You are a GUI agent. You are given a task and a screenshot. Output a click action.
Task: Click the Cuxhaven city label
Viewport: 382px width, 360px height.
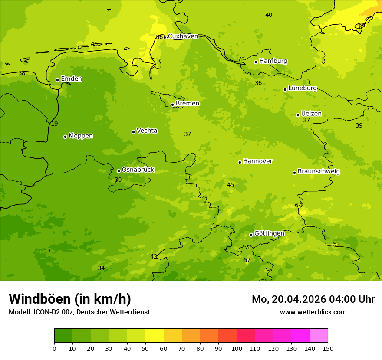(183, 36)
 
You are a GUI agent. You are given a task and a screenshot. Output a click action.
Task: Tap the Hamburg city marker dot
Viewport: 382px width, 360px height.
(256, 62)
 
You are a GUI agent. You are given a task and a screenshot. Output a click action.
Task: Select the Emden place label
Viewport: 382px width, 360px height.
(71, 79)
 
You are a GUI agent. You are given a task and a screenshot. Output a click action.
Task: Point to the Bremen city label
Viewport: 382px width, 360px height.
(188, 104)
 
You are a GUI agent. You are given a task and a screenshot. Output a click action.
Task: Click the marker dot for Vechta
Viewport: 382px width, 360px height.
(133, 132)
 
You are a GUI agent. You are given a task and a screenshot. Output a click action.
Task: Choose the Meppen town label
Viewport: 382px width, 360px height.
(81, 136)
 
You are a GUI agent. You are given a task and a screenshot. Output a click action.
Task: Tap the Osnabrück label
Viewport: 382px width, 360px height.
(138, 170)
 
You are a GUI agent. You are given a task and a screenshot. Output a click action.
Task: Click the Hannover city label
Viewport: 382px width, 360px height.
(257, 161)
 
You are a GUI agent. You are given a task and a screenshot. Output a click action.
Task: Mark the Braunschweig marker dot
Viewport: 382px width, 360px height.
(294, 173)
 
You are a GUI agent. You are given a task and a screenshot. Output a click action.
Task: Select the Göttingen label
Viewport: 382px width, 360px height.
(269, 233)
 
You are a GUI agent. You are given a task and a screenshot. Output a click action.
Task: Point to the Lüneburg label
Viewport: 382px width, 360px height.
(303, 88)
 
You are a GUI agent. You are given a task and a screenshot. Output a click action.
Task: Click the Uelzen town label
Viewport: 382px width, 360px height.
(311, 114)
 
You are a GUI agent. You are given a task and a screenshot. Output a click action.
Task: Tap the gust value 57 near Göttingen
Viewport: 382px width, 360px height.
(247, 260)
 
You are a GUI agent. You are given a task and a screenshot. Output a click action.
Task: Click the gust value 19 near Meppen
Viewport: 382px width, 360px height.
(54, 124)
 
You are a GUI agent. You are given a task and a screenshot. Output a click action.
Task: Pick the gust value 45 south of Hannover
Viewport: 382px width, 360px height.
(231, 185)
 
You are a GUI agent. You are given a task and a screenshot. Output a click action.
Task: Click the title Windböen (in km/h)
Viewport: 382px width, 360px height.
(70, 299)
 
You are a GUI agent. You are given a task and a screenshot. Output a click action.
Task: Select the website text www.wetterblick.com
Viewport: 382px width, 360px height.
(313, 312)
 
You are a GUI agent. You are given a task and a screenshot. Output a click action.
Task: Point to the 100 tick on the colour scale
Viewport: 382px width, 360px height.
(237, 348)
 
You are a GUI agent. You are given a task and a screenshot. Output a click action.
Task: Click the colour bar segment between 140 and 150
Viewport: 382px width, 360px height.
(319, 336)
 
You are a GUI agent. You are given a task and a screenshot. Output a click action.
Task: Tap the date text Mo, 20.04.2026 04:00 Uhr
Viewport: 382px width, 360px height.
(313, 299)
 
